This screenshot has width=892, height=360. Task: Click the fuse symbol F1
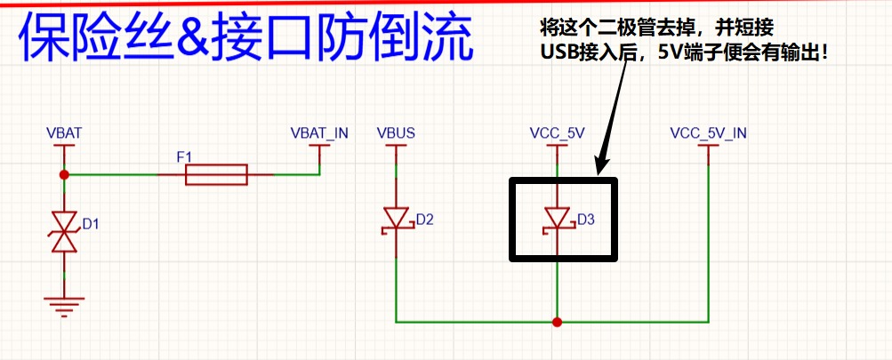(216, 175)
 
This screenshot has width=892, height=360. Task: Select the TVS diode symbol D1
(64, 230)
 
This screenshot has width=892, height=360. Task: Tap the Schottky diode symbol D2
(396, 219)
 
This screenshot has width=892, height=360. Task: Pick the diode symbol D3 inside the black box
(557, 219)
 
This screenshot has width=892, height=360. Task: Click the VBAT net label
(64, 133)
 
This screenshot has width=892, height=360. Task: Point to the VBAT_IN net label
(319, 133)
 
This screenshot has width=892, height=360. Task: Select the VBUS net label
(396, 133)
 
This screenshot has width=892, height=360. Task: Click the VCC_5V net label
(557, 133)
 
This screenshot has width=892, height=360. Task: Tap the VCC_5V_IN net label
(708, 133)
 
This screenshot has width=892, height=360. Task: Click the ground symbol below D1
(64, 307)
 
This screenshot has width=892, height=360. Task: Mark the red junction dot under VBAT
(64, 175)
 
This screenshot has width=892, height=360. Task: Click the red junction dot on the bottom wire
(557, 322)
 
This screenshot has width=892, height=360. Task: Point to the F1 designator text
(185, 157)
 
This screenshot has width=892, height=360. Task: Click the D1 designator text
(90, 224)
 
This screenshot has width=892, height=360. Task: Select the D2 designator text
(424, 219)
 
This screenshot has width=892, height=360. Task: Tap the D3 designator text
(585, 219)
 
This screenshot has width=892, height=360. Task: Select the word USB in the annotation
(557, 52)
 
